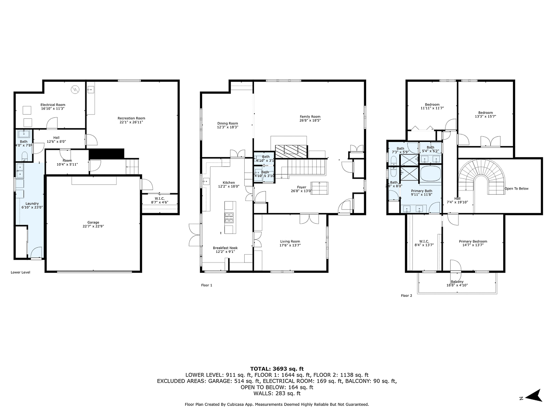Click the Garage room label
click(93, 222)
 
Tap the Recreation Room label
click(131, 118)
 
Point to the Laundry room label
click(32, 203)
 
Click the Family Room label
click(309, 116)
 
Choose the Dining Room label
click(228, 123)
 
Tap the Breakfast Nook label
click(225, 248)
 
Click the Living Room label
click(290, 241)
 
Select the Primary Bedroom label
click(473, 241)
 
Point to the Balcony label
click(457, 281)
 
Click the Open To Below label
click(516, 189)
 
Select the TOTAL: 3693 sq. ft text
click(277, 368)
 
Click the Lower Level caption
click(20, 272)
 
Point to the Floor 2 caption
click(406, 295)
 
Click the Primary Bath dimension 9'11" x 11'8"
click(422, 195)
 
